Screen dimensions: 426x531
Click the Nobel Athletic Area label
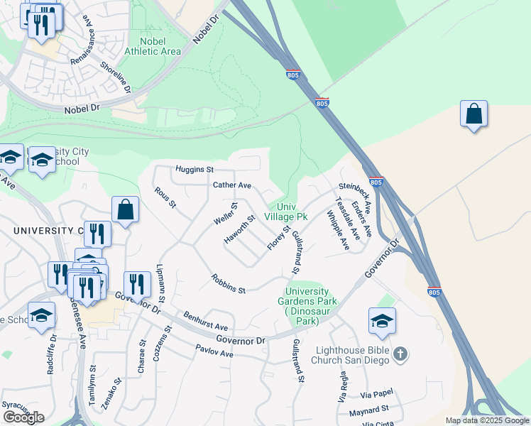point(153,45)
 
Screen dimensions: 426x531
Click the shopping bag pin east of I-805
point(473,114)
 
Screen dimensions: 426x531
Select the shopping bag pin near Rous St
point(125,209)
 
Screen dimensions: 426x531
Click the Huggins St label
point(195,170)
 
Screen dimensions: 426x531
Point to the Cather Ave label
point(232,185)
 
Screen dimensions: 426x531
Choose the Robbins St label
point(228,285)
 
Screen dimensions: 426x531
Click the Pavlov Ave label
point(215,351)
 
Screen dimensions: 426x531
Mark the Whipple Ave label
point(339,230)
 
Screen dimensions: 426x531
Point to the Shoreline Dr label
point(116,77)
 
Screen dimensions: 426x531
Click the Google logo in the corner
point(23,417)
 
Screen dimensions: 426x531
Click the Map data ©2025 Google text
point(487,420)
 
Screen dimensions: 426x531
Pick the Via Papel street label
point(377,393)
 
